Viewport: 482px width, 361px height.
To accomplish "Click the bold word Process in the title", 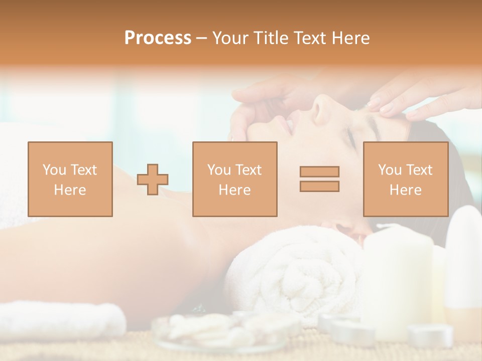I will pos(158,38).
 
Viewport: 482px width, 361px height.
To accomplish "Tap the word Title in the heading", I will pos(271,38).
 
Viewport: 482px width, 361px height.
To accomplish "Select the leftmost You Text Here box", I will pos(70,179).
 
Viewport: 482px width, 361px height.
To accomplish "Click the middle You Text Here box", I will pos(234,179).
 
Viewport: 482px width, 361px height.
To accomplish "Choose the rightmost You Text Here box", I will pos(405,179).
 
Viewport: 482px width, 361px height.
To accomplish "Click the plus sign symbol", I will pos(153,179).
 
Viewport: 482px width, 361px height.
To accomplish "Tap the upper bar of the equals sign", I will pos(319,171).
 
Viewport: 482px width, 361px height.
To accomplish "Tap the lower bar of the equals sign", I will pos(319,186).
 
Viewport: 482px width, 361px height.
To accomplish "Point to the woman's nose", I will pos(321,108).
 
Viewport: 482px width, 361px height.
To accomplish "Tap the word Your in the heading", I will pos(230,38).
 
